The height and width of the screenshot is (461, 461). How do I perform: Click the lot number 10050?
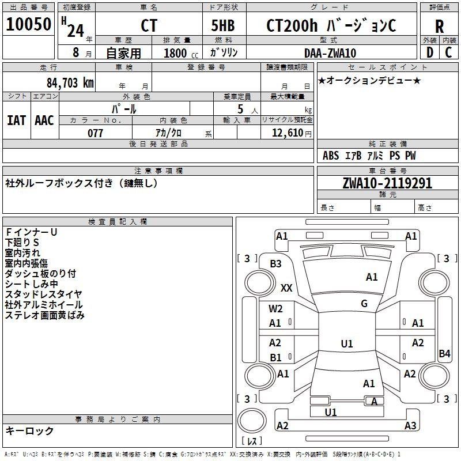pyautogui.click(x=28, y=24)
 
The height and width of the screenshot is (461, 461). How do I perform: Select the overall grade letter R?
pyautogui.click(x=439, y=27)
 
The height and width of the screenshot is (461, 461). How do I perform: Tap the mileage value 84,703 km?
pyautogui.click(x=70, y=83)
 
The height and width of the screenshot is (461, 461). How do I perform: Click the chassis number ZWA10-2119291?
pyautogui.click(x=387, y=183)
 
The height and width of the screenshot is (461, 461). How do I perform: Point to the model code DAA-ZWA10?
pyautogui.click(x=330, y=53)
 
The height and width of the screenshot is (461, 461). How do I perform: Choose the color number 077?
pyautogui.click(x=95, y=133)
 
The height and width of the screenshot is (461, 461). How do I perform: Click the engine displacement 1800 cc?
pyautogui.click(x=181, y=53)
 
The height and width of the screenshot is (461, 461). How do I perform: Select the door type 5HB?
pyautogui.click(x=223, y=25)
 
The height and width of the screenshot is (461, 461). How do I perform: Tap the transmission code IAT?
pyautogui.click(x=16, y=120)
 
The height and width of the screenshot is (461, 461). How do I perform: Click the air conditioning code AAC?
pyautogui.click(x=44, y=120)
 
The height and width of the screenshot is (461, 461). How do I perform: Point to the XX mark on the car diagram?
pyautogui.click(x=286, y=288)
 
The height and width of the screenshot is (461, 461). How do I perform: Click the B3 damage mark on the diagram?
pyautogui.click(x=276, y=264)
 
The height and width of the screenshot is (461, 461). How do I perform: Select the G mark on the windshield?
pyautogui.click(x=364, y=304)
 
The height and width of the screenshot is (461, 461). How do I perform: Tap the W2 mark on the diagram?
pyautogui.click(x=275, y=309)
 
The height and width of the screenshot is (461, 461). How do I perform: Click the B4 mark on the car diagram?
pyautogui.click(x=444, y=353)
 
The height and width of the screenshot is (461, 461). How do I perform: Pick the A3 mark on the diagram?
pyautogui.click(x=410, y=426)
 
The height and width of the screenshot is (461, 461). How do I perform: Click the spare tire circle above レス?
pyautogui.click(x=252, y=421)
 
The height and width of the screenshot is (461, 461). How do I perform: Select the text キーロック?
pyautogui.click(x=29, y=430)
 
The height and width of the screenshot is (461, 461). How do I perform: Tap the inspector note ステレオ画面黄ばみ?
pyautogui.click(x=45, y=315)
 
